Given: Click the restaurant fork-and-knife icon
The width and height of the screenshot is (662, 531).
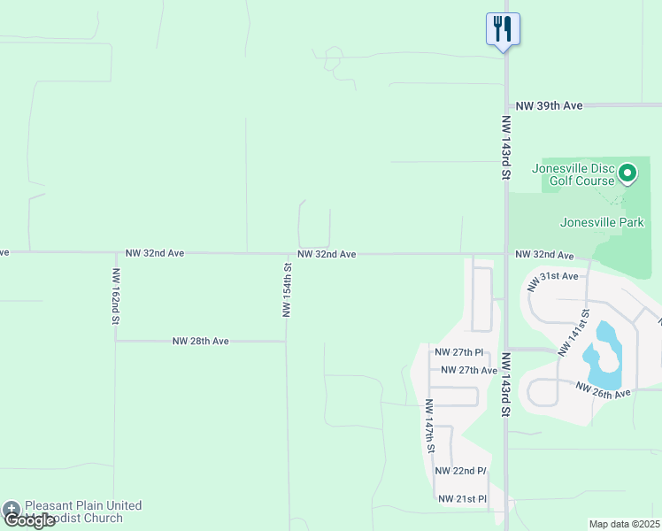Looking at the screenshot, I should tap(503, 28).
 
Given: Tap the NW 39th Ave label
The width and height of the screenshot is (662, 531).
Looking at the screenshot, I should tap(549, 105).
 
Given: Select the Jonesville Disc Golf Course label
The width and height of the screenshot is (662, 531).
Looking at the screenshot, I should tap(573, 174).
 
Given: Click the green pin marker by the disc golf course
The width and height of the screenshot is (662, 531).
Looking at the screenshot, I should tap(627, 173).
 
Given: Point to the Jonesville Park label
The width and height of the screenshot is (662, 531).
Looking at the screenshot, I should tap(602, 223).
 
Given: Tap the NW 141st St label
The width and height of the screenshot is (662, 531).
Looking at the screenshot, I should tap(573, 332).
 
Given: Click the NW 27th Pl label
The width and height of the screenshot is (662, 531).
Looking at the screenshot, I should tap(458, 352).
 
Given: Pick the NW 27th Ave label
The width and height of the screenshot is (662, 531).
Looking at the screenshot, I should tap(468, 370).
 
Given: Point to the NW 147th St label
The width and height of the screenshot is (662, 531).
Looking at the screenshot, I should tap(429, 425).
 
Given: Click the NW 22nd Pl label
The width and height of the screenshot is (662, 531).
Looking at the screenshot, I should tap(462, 470).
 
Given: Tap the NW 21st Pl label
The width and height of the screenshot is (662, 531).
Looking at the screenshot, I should tap(463, 499).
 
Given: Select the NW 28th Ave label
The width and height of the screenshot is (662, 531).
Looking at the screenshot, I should tap(200, 341).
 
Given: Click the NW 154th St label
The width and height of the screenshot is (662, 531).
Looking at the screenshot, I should tap(287, 289).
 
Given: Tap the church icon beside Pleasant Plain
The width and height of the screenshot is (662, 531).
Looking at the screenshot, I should tap(12, 509).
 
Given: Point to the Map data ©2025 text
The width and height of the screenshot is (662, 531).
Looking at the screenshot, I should tap(624, 525).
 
